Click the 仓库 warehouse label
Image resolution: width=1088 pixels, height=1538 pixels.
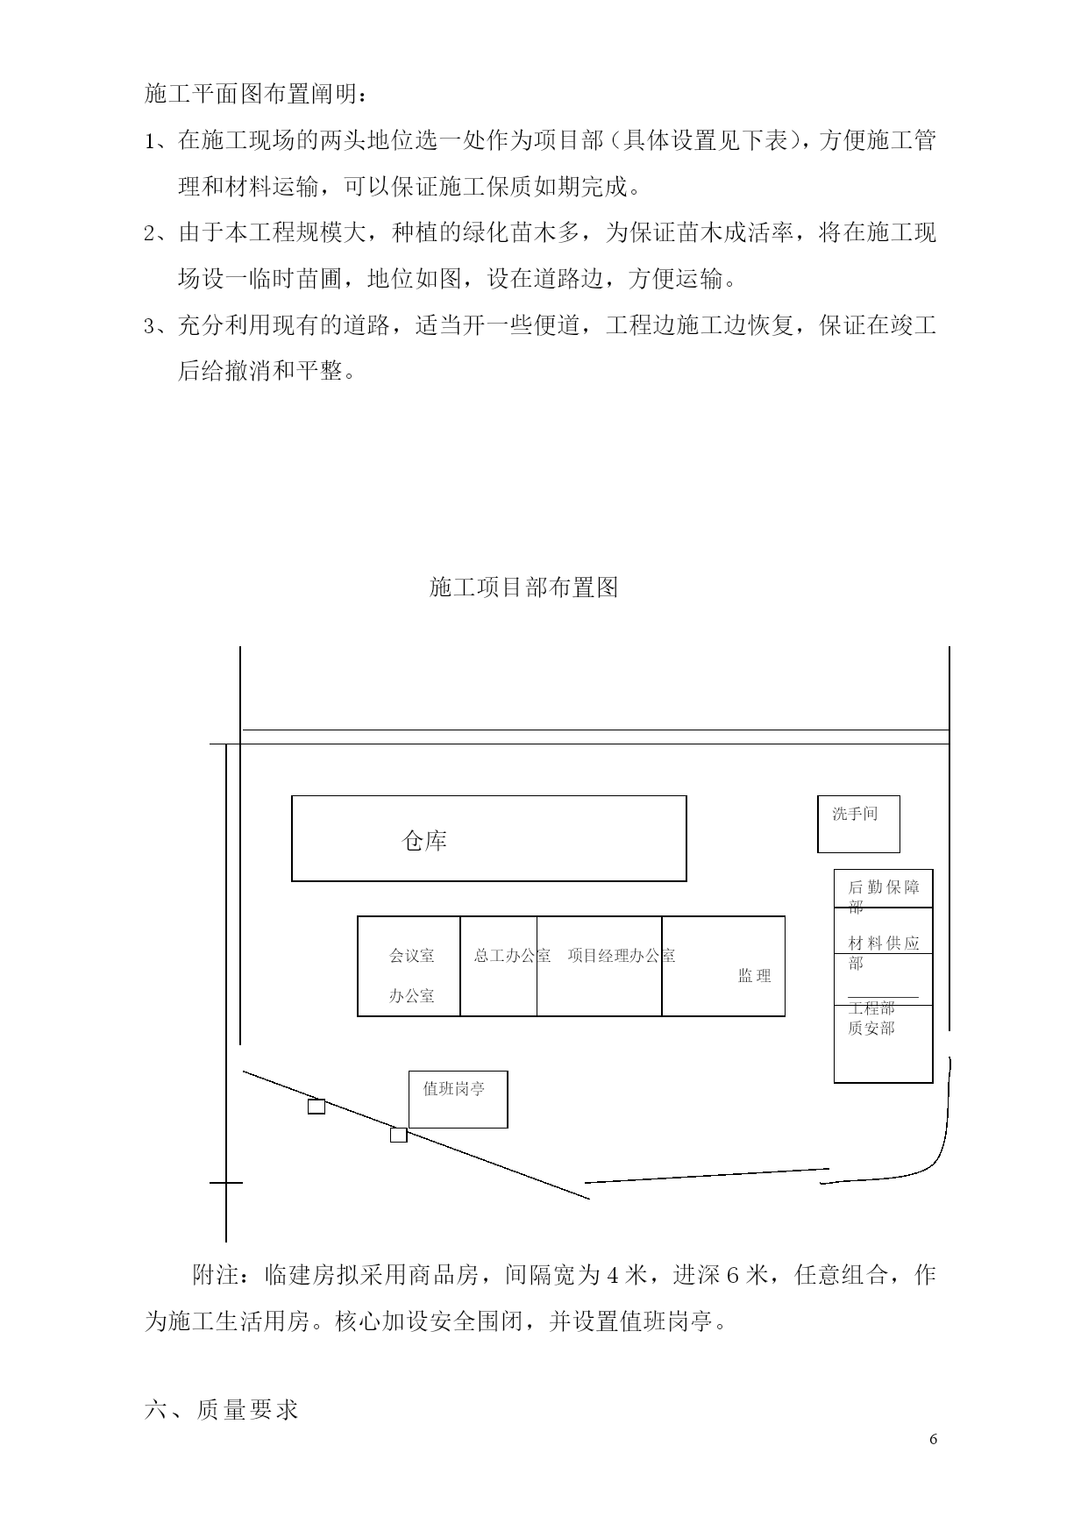[424, 841]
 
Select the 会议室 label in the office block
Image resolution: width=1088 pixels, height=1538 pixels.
[411, 955]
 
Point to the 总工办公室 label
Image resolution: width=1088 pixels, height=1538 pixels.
[512, 955]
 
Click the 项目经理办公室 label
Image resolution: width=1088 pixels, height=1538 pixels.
[621, 955]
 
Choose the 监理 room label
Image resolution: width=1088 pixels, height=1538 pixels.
[754, 975]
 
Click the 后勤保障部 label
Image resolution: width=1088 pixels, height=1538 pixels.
[884, 896]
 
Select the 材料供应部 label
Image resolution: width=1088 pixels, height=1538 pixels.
[884, 952]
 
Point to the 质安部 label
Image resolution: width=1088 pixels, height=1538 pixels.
[871, 1028]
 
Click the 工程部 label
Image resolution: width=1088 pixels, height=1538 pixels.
[871, 1008]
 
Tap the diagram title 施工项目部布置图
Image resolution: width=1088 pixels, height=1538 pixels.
[524, 587]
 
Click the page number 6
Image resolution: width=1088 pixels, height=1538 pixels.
[934, 1439]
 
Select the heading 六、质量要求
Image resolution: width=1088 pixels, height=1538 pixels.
[222, 1409]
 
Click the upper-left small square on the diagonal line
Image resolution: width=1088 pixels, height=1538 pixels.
[316, 1107]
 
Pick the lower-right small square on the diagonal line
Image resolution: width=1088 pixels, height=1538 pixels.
[398, 1135]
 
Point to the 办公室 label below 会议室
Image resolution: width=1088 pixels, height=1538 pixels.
[411, 995]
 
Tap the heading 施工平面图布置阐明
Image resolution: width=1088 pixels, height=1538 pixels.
[259, 94]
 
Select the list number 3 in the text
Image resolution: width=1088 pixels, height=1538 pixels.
[150, 327]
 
